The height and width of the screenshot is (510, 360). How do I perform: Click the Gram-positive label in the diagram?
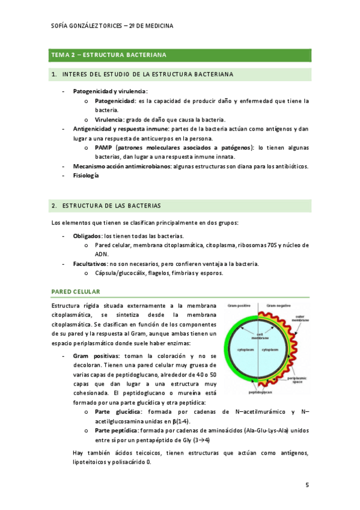[x=239, y=306]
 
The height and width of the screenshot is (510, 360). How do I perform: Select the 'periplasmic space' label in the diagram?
[x=299, y=380]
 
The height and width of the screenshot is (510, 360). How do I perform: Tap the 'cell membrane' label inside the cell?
[x=260, y=336]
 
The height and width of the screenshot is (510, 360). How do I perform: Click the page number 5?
[x=307, y=485]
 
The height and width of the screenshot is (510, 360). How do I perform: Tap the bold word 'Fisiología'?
[x=87, y=176]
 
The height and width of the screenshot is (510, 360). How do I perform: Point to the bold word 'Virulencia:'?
[x=111, y=120]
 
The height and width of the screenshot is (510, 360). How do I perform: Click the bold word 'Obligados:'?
[x=88, y=236]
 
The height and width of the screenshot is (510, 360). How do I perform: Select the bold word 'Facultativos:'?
[x=90, y=263]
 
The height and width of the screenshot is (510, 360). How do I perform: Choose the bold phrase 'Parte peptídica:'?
[x=117, y=430]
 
